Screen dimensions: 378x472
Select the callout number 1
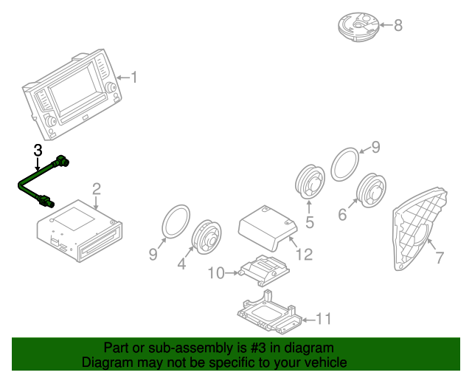click(x=134, y=77)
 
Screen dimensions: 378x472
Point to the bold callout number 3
click(x=38, y=151)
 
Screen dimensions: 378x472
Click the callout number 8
click(x=398, y=26)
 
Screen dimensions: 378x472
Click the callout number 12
click(x=304, y=255)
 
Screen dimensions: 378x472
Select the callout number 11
click(x=324, y=319)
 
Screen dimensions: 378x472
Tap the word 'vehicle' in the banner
click(x=325, y=362)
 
